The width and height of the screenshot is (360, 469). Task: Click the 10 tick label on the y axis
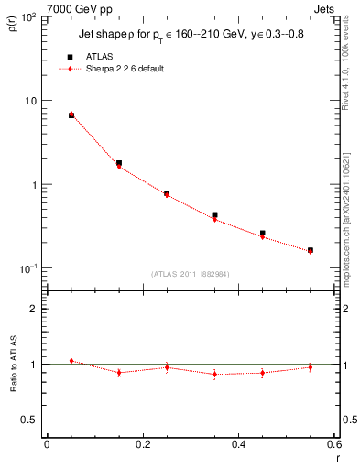pos(30,101)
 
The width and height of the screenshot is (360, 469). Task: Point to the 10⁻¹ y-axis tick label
pos(28,268)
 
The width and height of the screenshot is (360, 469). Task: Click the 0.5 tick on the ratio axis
pos(29,420)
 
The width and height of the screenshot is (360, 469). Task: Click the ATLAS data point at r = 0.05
pos(71,115)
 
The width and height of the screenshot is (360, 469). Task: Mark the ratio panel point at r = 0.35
pos(214,375)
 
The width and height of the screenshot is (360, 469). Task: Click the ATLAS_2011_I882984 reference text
pos(191,273)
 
